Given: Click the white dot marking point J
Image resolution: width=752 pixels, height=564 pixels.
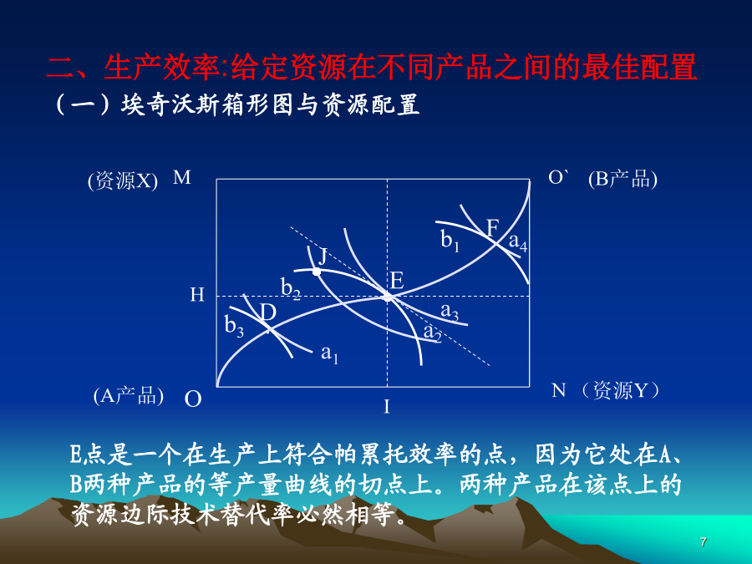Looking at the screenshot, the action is click(317, 272).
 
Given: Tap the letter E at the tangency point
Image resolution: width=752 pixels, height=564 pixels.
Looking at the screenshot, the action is click(397, 281).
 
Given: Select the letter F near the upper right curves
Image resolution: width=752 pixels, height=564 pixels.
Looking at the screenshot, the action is click(492, 228).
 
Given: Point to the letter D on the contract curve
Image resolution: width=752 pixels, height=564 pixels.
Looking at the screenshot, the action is click(268, 313).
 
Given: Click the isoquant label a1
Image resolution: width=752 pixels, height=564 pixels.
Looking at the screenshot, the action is click(329, 354).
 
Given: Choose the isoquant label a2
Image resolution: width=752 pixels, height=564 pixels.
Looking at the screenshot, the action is click(432, 333).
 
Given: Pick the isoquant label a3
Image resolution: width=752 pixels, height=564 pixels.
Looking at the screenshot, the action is click(450, 312).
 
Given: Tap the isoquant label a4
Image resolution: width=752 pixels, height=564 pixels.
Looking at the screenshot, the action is click(518, 242).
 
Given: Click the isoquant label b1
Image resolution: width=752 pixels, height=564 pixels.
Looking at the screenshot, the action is click(450, 241).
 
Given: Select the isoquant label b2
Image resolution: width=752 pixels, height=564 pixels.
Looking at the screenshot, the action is click(291, 289).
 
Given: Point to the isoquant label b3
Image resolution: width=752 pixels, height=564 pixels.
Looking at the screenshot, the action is click(234, 326).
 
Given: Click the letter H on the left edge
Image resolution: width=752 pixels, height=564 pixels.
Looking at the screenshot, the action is click(197, 294).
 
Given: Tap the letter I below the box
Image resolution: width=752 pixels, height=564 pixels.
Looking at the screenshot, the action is click(387, 407).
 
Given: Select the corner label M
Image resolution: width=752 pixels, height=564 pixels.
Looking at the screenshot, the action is click(182, 177).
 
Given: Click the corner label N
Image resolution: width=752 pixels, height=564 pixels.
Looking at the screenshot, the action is click(559, 390).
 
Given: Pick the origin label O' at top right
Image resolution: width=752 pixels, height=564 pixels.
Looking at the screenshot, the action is click(559, 177).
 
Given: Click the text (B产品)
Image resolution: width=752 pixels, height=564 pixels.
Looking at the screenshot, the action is click(622, 179).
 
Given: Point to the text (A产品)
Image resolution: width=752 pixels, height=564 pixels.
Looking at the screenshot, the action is click(129, 396).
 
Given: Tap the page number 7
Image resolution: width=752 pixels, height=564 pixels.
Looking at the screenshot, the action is click(703, 542).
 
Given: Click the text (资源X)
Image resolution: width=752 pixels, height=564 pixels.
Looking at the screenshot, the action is click(123, 181).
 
